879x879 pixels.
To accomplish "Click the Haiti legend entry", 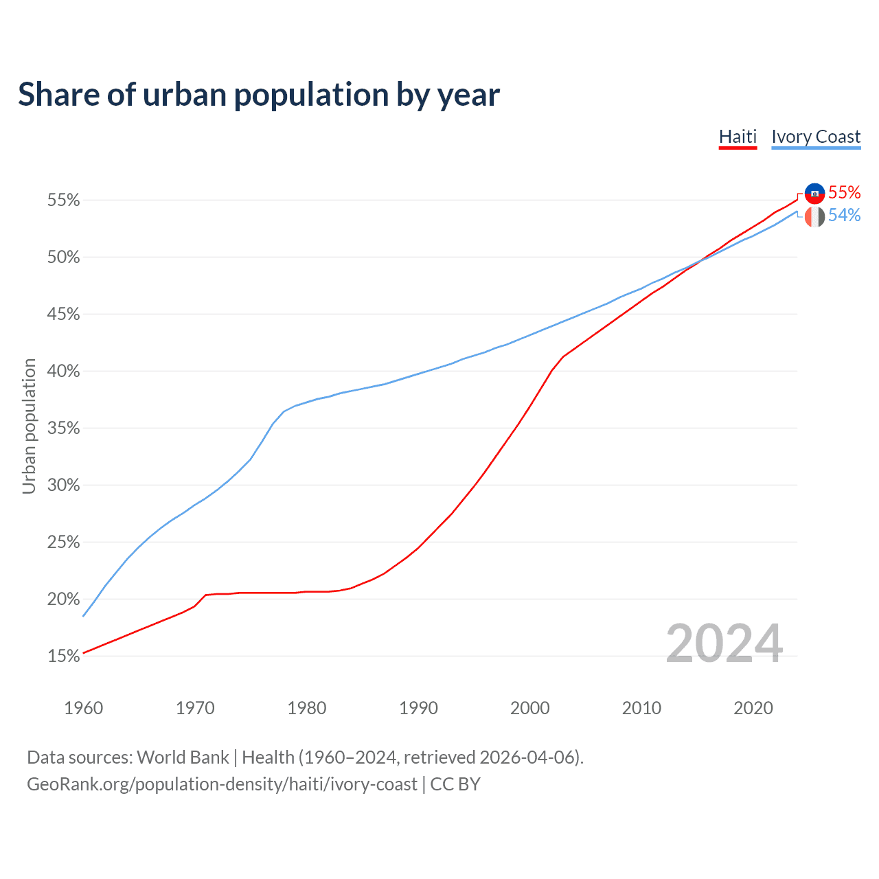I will (738, 137).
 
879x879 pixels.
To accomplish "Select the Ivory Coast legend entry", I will (816, 137).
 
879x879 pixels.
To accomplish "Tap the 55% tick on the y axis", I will (64, 201).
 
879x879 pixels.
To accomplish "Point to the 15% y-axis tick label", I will (64, 657).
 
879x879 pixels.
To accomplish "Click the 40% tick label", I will (64, 372).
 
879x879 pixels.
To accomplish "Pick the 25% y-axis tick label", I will (64, 543).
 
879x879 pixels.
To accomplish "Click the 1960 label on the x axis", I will (83, 708).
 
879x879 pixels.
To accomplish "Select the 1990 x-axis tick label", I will (418, 708).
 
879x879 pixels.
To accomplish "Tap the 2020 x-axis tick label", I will (753, 708).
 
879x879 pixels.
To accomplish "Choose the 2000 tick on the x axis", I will (530, 708).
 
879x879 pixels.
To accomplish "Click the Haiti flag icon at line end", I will (814, 194).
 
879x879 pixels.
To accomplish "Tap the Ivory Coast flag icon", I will (814, 217).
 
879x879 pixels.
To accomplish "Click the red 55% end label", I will (845, 192).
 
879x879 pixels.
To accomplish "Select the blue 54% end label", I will (845, 216).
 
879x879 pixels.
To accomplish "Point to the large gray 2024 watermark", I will (724, 643).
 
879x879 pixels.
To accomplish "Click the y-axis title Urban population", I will (29, 426).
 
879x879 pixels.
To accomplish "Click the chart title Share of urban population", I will (259, 94).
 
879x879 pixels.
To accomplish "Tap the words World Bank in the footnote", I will (183, 757).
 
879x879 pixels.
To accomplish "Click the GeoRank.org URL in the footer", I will (222, 784).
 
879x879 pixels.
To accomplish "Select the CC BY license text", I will (455, 784).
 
